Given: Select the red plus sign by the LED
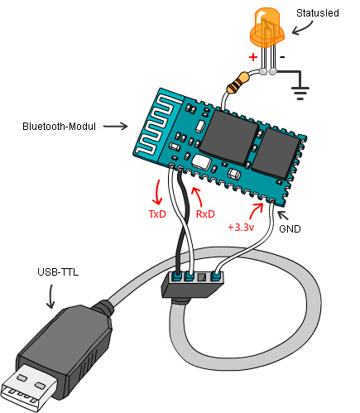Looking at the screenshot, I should click(x=253, y=59).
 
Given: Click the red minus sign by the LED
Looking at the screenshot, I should click(x=282, y=58).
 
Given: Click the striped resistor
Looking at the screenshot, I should click(x=238, y=82).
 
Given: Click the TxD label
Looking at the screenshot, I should click(x=158, y=214).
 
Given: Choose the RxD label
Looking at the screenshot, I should click(x=206, y=214).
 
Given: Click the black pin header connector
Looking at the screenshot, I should click(x=194, y=281).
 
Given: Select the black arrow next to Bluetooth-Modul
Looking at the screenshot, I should click(x=116, y=127).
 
